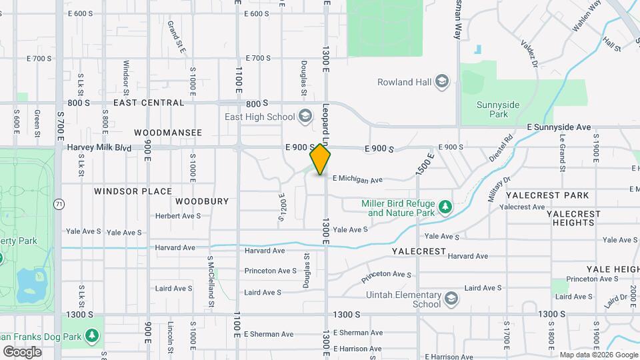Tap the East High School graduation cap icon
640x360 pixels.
305,117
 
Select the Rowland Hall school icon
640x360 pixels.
441,82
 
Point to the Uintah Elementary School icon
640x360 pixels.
451,297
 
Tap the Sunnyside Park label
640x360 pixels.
502,109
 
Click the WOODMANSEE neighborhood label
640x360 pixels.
168,133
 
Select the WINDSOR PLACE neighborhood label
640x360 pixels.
133,191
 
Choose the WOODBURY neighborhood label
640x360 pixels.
202,201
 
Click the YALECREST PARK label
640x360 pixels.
547,195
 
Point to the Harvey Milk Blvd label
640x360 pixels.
99,147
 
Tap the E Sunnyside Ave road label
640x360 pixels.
559,127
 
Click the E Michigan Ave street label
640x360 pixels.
357,179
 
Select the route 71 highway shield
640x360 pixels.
59,205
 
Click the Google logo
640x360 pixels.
22,352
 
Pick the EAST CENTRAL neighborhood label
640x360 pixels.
149,103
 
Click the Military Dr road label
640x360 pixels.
499,189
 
